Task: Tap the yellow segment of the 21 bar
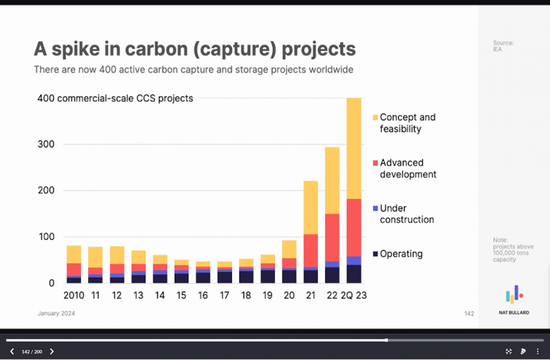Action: click(x=310, y=207)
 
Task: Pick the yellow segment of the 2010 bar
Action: click(x=74, y=254)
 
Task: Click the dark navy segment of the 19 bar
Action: click(x=268, y=276)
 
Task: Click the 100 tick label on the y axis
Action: click(x=46, y=237)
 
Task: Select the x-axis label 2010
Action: click(x=74, y=296)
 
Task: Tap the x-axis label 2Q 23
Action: click(x=354, y=296)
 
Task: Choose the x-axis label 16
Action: click(x=203, y=296)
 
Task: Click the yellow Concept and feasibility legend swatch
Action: click(x=375, y=117)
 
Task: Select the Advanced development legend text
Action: click(x=407, y=169)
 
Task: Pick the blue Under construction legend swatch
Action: click(x=375, y=208)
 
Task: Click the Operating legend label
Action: click(x=401, y=253)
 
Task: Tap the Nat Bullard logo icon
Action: click(x=514, y=293)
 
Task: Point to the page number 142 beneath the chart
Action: click(x=468, y=313)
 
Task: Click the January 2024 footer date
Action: click(x=56, y=313)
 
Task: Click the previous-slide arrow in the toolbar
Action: click(x=11, y=351)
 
